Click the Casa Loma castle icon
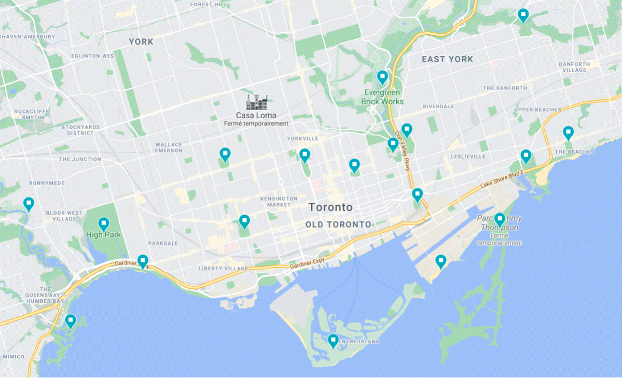click(256, 102)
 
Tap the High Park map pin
click(104, 224)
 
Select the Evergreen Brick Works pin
click(382, 78)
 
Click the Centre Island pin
click(333, 341)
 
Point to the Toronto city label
click(330, 207)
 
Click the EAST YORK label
click(447, 59)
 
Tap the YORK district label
click(141, 41)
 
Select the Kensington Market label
click(279, 201)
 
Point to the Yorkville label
click(302, 138)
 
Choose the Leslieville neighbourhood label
click(468, 156)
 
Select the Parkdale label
click(163, 243)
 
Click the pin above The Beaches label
click(569, 133)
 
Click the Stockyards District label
click(79, 130)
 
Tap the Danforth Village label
click(574, 67)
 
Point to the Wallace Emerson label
click(169, 147)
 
